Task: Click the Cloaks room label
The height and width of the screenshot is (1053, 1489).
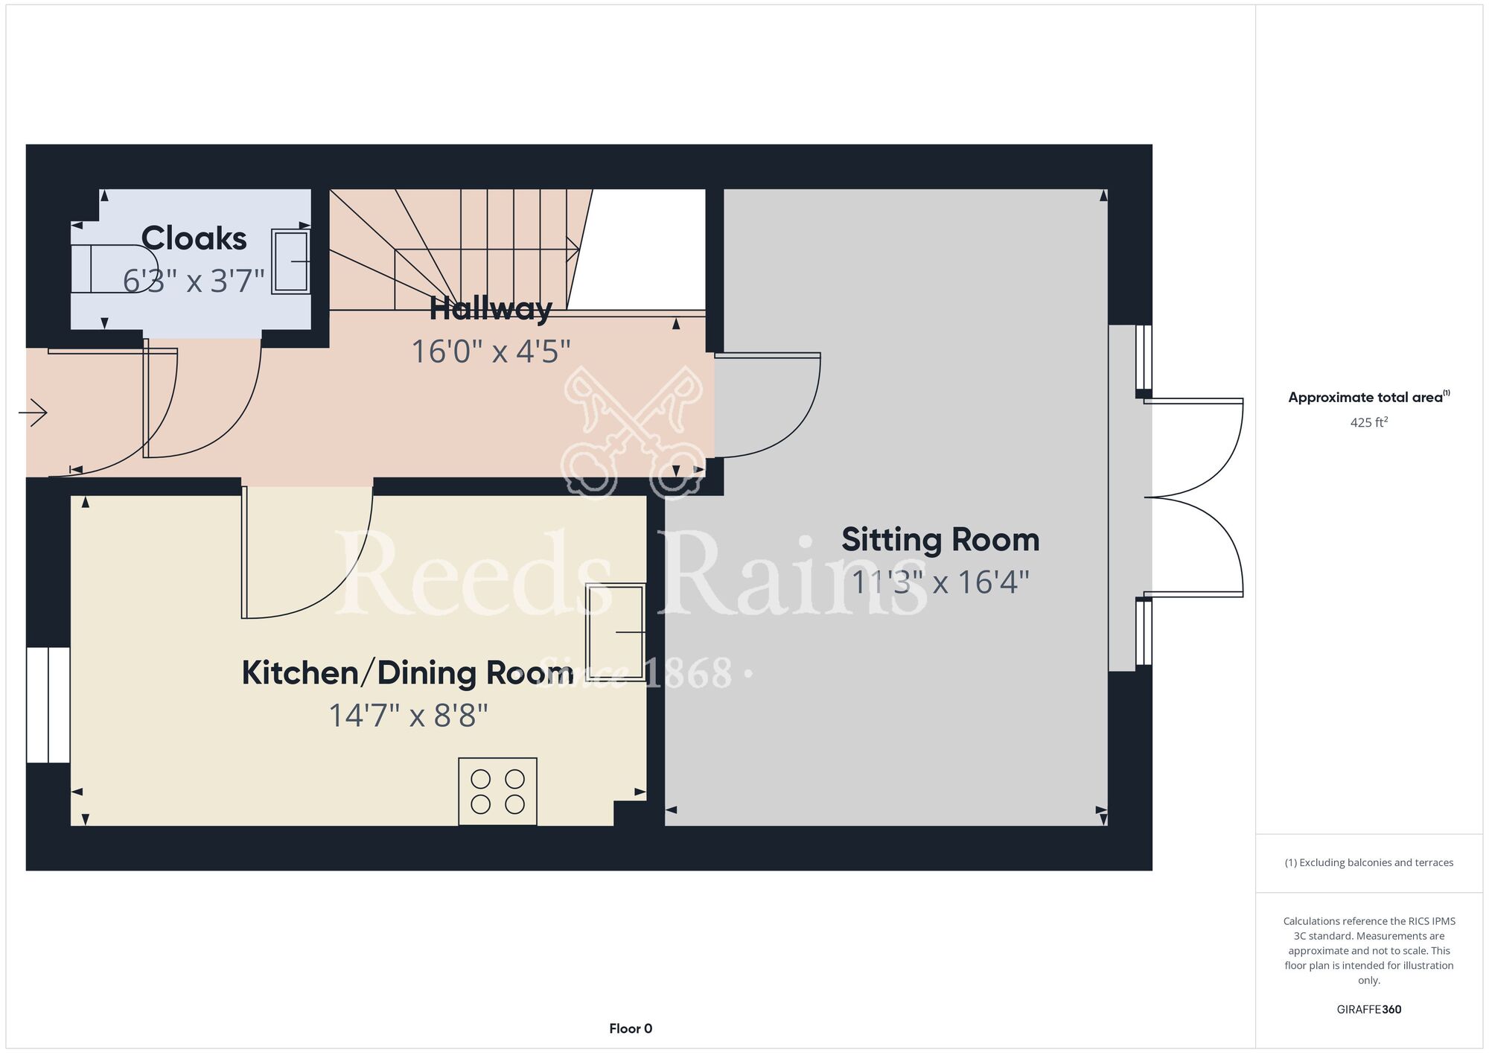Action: coord(194,239)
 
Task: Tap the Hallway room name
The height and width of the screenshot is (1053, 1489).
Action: coord(491,308)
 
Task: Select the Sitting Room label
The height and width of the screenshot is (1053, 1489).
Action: coord(940,540)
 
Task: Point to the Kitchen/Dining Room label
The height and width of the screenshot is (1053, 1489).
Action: coord(407,673)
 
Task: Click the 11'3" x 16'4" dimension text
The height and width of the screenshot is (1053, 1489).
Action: coord(940,582)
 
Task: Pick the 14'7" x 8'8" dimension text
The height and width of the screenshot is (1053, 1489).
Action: coord(408,716)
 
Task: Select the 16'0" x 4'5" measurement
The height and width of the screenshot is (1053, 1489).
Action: coord(491,351)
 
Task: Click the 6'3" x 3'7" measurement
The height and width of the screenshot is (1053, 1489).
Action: coord(194,281)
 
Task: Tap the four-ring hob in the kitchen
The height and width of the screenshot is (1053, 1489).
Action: coord(497,791)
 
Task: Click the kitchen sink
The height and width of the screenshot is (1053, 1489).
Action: coord(616,632)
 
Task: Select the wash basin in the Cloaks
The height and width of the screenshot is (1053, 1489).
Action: coord(291,261)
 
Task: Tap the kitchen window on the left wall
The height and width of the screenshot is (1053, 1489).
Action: coord(48,704)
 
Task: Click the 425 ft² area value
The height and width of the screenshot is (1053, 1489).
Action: coord(1368,422)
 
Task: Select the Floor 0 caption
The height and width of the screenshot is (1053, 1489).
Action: coord(631,1028)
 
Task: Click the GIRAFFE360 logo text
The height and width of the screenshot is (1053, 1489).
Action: coord(1368,1010)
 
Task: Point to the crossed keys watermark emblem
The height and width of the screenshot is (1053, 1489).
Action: coord(633,432)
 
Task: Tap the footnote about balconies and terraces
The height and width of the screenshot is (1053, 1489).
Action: coord(1368,862)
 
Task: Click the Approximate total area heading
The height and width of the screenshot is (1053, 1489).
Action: coord(1368,397)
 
